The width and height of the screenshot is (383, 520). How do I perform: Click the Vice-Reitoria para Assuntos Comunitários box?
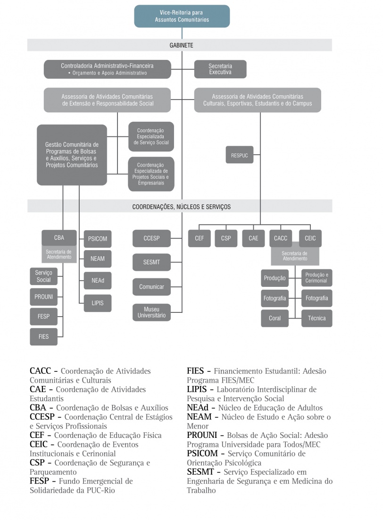[x=182, y=16]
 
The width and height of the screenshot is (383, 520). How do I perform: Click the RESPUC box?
[x=240, y=155]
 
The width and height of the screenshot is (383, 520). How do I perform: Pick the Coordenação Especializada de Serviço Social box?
[x=151, y=136]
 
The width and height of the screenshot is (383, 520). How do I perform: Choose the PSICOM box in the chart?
[x=98, y=239]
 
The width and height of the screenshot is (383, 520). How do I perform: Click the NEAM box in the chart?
[x=98, y=259]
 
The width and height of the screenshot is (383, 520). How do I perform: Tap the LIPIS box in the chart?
[x=98, y=302]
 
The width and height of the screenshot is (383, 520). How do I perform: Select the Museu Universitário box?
[x=151, y=312]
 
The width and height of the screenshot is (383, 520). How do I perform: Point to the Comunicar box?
[x=151, y=286]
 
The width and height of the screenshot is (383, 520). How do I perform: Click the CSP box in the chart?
[x=226, y=238]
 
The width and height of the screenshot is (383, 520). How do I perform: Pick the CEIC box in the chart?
[x=310, y=238]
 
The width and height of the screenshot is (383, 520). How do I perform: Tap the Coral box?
[x=275, y=318]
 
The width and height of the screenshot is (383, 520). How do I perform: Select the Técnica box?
[x=316, y=318]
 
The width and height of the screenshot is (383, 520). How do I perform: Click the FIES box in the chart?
[x=43, y=336]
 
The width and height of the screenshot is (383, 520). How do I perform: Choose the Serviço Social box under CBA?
[x=43, y=277]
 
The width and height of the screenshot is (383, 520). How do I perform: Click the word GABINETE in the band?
[x=182, y=45]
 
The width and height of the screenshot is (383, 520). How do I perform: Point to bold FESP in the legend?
[x=40, y=481]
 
